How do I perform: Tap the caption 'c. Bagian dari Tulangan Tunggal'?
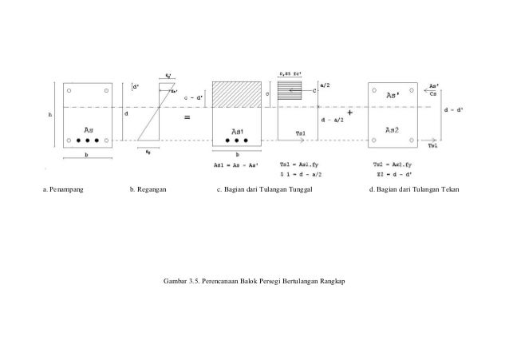coord(263,191)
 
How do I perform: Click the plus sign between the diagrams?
coord(350,113)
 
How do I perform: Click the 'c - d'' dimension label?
coord(192,100)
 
